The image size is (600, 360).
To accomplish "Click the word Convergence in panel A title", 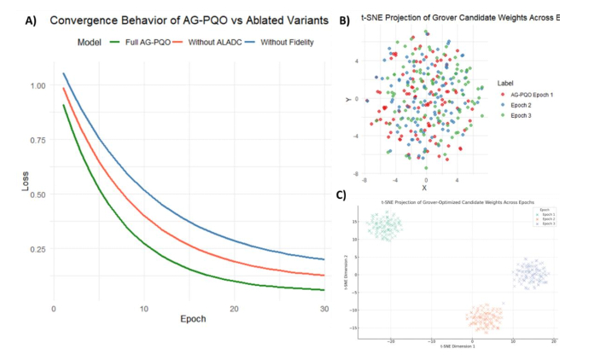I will point(91,19).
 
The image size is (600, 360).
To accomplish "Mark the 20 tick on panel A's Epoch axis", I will point(234,307).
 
